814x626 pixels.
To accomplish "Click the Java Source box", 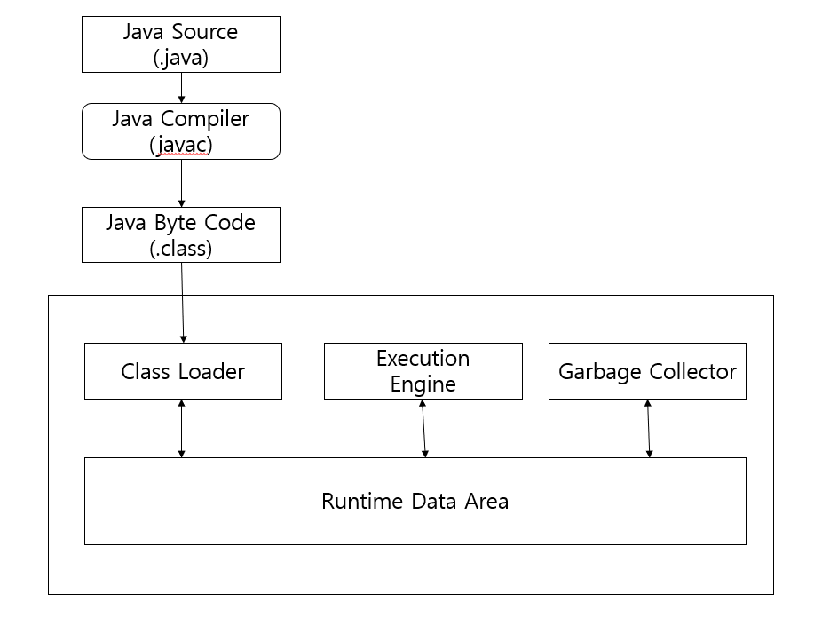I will pyautogui.click(x=181, y=44).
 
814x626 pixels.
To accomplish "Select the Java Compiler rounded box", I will pyautogui.click(x=181, y=131).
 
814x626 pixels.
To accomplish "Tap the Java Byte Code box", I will pyautogui.click(x=181, y=234).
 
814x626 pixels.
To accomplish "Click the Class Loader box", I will pyautogui.click(x=183, y=371).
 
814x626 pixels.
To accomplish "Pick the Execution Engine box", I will pyautogui.click(x=423, y=371).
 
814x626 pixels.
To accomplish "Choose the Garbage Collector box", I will pyautogui.click(x=647, y=371).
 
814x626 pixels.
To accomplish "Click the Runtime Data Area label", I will pyautogui.click(x=415, y=501).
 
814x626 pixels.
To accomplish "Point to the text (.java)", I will pyautogui.click(x=181, y=57).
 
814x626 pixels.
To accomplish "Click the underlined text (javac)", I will pyautogui.click(x=181, y=145).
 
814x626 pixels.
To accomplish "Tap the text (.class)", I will pyautogui.click(x=181, y=248).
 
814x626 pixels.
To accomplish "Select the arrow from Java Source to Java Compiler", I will pyautogui.click(x=181, y=87).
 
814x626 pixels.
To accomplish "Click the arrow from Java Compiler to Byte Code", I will pyautogui.click(x=181, y=183).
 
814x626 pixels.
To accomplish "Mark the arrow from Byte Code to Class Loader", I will pyautogui.click(x=183, y=302).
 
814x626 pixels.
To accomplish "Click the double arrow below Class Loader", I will pyautogui.click(x=182, y=428).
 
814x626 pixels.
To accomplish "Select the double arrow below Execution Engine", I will pyautogui.click(x=423, y=428).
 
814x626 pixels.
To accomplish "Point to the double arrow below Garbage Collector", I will pyautogui.click(x=648, y=428).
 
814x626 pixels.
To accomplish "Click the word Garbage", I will pyautogui.click(x=597, y=371).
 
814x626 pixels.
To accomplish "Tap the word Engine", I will pyautogui.click(x=423, y=384).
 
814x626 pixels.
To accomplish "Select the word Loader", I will pyautogui.click(x=211, y=371).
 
